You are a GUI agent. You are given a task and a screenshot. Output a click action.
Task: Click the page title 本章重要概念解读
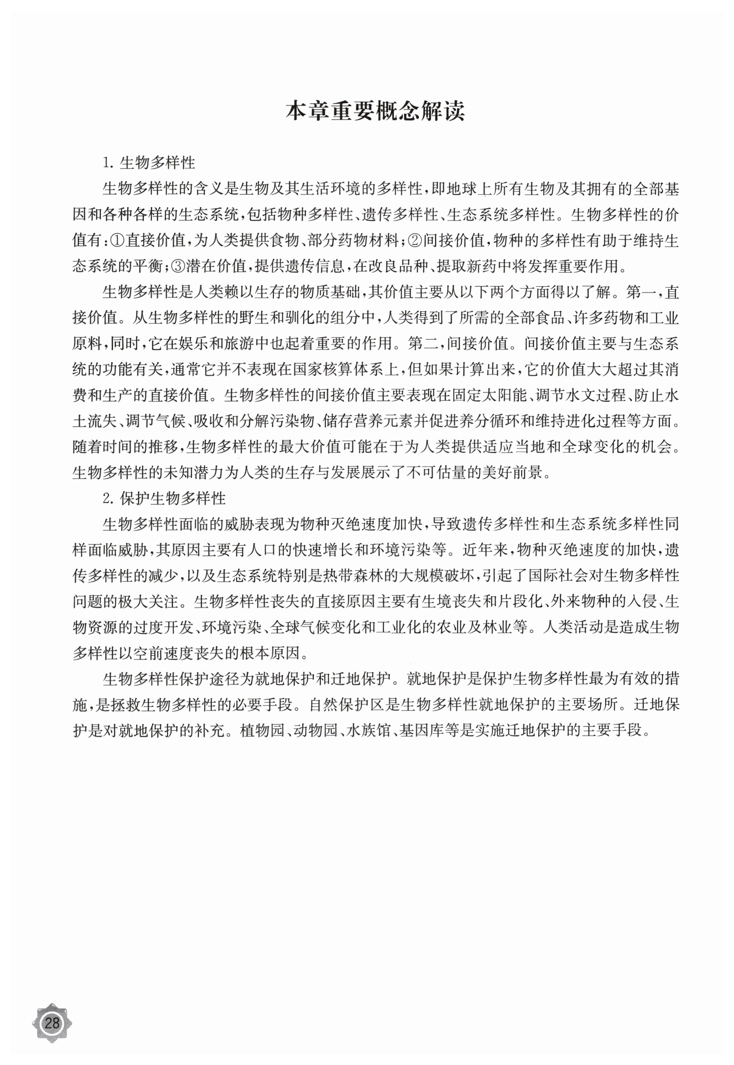[375, 112]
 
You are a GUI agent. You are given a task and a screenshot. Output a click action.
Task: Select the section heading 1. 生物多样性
[150, 162]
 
